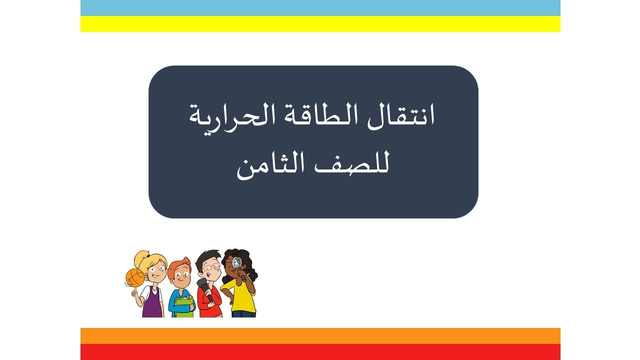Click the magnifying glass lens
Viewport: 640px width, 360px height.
tap(237, 261)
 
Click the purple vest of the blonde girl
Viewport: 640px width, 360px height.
tap(152, 304)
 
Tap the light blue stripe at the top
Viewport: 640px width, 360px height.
tap(320, 8)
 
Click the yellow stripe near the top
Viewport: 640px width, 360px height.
tap(320, 24)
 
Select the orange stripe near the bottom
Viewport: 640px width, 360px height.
tap(320, 336)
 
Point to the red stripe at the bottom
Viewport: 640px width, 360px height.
tap(320, 352)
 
